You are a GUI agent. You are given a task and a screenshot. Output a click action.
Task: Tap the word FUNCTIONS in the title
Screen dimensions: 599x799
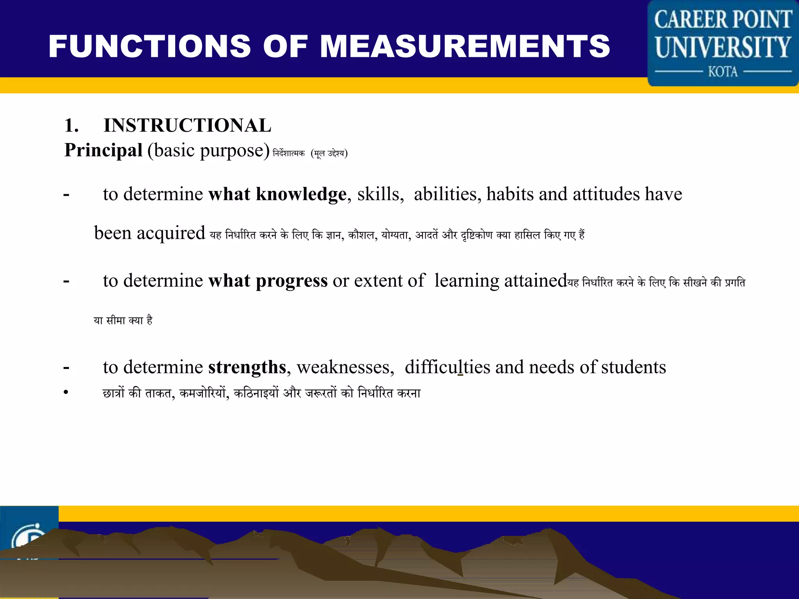tap(150, 46)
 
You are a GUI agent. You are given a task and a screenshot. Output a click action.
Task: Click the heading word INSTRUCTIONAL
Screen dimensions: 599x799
tap(187, 126)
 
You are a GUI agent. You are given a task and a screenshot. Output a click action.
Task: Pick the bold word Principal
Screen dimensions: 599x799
tap(103, 150)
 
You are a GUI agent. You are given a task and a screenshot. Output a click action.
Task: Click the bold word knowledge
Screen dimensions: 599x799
tap(301, 194)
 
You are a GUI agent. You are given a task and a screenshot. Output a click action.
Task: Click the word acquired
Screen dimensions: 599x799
tap(170, 234)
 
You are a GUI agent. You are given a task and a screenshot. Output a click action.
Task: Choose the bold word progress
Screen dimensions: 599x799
tap(291, 281)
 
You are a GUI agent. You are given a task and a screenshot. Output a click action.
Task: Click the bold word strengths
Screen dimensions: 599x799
tap(247, 367)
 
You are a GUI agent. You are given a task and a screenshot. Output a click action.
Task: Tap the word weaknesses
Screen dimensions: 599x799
tap(345, 367)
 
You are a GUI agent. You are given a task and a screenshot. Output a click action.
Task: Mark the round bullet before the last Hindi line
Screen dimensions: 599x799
tap(66, 392)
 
